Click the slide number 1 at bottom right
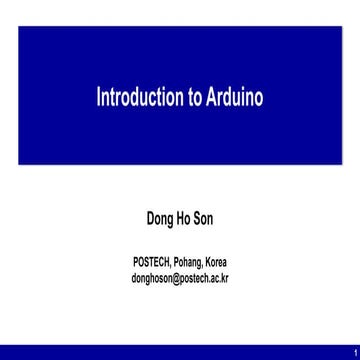click(353, 351)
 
